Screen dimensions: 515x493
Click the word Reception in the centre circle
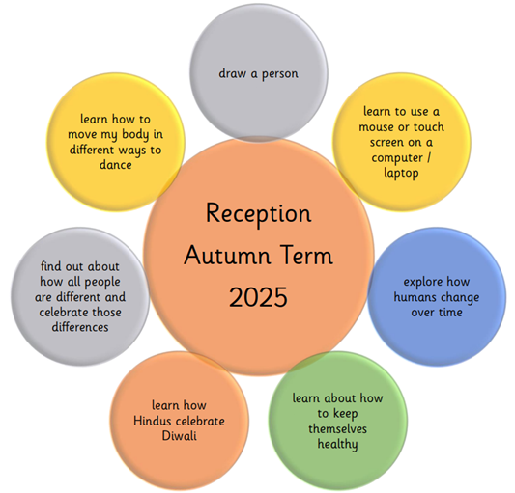tap(259, 214)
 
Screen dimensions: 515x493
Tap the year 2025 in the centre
tap(258, 297)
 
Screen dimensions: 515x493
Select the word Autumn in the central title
tap(227, 256)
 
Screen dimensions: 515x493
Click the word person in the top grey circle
tap(280, 74)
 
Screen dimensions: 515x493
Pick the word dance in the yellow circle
tap(116, 164)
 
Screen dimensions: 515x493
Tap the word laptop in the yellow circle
tap(401, 173)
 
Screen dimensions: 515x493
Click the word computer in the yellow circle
tap(397, 158)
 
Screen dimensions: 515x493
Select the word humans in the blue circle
tap(414, 297)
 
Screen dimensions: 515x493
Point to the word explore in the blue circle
tap(422, 282)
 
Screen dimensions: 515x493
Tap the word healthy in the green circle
tap(337, 445)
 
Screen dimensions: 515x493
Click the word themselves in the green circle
tap(337, 428)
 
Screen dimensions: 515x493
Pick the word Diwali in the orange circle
tap(180, 436)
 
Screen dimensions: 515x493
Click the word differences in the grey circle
tap(80, 327)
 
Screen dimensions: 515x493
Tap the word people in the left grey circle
tap(102, 282)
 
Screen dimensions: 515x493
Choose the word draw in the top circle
tap(233, 73)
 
